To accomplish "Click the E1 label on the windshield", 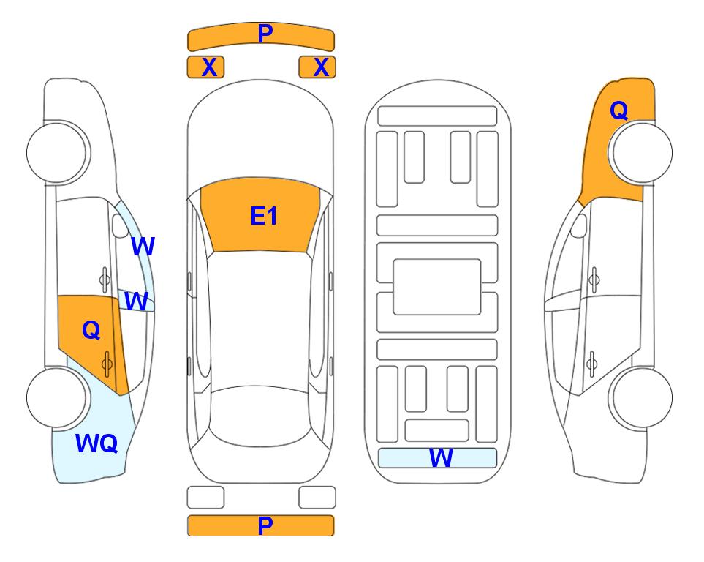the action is pyautogui.click(x=264, y=216).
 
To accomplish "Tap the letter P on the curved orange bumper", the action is pyautogui.click(x=265, y=33).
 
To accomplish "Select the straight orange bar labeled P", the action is pyautogui.click(x=260, y=525).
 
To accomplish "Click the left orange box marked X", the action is pyautogui.click(x=205, y=67).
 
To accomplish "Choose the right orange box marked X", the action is pyautogui.click(x=317, y=67).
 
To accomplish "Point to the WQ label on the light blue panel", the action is pyautogui.click(x=96, y=443).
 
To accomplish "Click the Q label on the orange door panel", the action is pyautogui.click(x=91, y=330).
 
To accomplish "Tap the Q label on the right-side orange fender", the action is pyautogui.click(x=618, y=110).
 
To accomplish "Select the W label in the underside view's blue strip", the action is pyautogui.click(x=441, y=458).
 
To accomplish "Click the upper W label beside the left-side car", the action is pyautogui.click(x=143, y=246).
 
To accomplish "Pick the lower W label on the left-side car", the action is pyautogui.click(x=136, y=301).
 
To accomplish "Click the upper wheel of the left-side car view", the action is pyautogui.click(x=58, y=153).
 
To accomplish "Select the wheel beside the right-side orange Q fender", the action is pyautogui.click(x=641, y=153).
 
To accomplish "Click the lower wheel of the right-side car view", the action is pyautogui.click(x=641, y=397).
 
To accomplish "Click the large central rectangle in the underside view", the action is pyautogui.click(x=437, y=287).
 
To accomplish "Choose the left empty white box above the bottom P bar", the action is pyautogui.click(x=205, y=498).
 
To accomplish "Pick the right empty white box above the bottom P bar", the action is pyautogui.click(x=317, y=498).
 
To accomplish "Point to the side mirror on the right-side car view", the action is pyautogui.click(x=579, y=225).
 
